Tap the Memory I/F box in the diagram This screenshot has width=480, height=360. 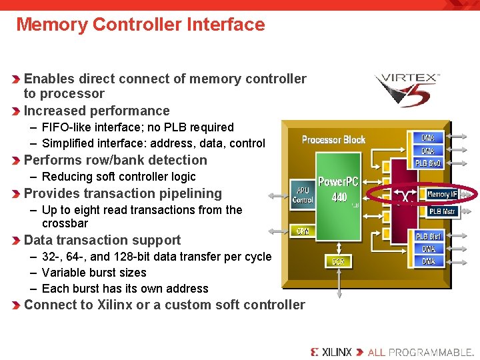[442, 195]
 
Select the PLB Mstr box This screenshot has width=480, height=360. [442, 211]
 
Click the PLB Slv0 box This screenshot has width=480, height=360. [428, 163]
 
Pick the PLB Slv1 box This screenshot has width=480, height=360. [428, 237]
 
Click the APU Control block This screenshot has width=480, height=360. [303, 195]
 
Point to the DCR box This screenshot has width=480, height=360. [339, 261]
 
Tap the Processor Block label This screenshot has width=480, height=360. [333, 139]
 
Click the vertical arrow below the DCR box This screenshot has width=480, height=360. [339, 283]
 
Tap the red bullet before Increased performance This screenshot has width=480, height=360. [17, 111]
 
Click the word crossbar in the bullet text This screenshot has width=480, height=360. [65, 223]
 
